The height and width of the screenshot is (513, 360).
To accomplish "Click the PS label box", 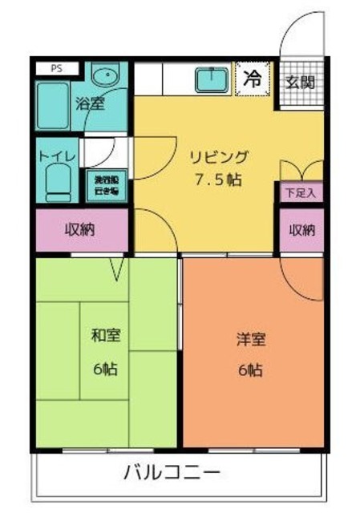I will pos(57,69).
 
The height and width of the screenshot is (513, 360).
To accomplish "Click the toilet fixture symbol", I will pos(57,181).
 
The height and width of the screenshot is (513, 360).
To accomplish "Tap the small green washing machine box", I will pos(103,186).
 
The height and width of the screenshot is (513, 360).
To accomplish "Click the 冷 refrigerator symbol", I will pos(253,79).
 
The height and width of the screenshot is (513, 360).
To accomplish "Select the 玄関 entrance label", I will pos(301,83).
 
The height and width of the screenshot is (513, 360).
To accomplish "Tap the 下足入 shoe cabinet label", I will pos(301,192).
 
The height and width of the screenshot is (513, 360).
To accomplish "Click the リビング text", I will pos(219,156).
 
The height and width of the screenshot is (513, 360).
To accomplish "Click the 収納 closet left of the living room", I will pos(80,230).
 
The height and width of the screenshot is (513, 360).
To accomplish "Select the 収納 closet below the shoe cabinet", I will pos(301,230).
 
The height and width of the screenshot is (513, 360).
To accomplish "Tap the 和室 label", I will pos(106,335).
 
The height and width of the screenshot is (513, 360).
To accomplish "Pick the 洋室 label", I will pos(250,339).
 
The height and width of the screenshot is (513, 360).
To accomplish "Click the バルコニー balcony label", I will pos(172,473).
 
